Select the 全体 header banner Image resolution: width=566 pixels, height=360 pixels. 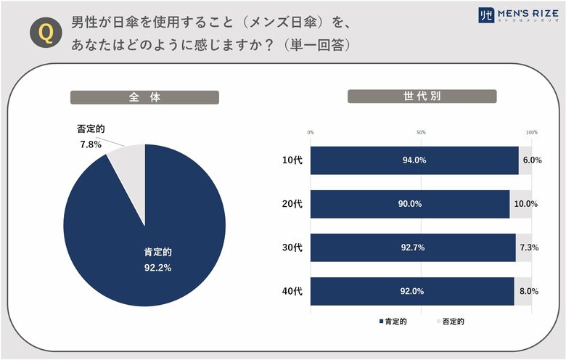click(144, 97)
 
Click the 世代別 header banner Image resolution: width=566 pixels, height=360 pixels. click(422, 97)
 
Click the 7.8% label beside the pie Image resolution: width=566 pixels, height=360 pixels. click(89, 144)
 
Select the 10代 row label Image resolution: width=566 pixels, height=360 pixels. click(292, 160)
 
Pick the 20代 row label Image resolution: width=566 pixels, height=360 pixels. click(292, 204)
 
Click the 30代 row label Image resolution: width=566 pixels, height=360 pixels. click(292, 247)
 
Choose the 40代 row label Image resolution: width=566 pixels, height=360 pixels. click(292, 291)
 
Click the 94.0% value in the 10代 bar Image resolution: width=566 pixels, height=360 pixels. click(414, 160)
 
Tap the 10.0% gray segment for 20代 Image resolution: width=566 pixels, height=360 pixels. click(522, 204)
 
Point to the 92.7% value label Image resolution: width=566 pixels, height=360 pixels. click(412, 247)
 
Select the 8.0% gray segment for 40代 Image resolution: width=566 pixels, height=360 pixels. click(524, 291)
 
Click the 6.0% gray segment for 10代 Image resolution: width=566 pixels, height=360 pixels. click(526, 160)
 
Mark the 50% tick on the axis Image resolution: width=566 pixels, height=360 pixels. click(421, 132)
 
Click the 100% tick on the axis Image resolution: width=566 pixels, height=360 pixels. click(531, 132)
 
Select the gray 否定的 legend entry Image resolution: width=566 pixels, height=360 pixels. click(451, 320)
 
